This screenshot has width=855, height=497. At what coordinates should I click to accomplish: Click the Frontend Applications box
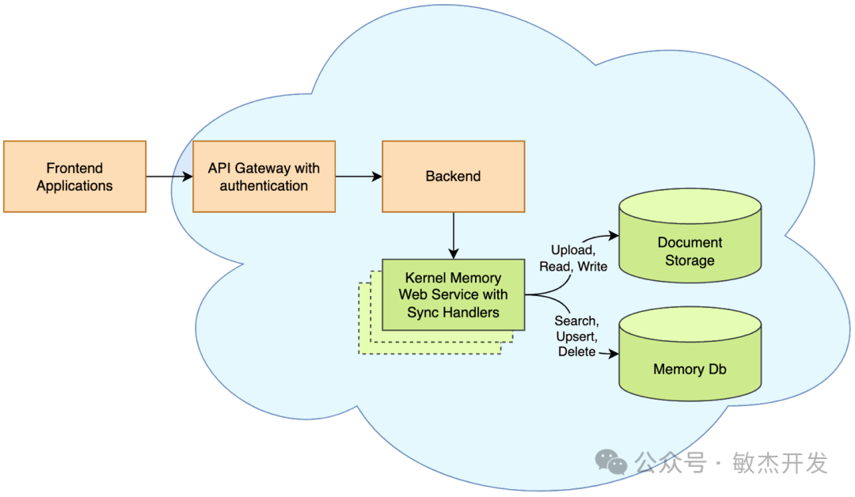(x=74, y=176)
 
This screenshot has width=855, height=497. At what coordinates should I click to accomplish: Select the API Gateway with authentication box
(x=264, y=176)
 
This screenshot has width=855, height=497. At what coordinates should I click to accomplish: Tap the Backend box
(x=453, y=176)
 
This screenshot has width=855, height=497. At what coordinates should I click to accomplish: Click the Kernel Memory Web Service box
(x=453, y=295)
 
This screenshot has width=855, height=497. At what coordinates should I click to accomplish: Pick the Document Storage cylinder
(x=690, y=235)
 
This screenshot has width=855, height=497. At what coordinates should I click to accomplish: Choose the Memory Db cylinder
(x=690, y=354)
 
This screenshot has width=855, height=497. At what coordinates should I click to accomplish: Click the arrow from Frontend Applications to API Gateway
(x=169, y=176)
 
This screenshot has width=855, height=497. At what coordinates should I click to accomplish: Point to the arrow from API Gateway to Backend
(x=359, y=176)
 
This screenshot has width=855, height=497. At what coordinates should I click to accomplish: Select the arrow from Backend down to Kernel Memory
(x=453, y=235)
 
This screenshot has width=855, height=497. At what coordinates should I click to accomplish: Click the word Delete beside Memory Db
(x=577, y=351)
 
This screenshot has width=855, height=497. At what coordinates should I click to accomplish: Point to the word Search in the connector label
(x=576, y=321)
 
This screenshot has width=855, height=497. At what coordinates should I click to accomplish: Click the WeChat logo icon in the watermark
(x=610, y=462)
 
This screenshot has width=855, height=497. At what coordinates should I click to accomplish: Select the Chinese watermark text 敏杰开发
(x=780, y=463)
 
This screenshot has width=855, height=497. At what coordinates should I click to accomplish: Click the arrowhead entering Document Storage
(x=614, y=235)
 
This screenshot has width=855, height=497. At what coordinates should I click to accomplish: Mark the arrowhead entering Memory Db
(x=614, y=354)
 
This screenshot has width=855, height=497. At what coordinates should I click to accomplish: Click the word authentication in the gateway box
(x=264, y=186)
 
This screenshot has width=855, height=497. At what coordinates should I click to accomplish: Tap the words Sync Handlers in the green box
(x=453, y=313)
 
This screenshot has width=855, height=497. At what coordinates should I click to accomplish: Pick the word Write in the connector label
(x=593, y=267)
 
